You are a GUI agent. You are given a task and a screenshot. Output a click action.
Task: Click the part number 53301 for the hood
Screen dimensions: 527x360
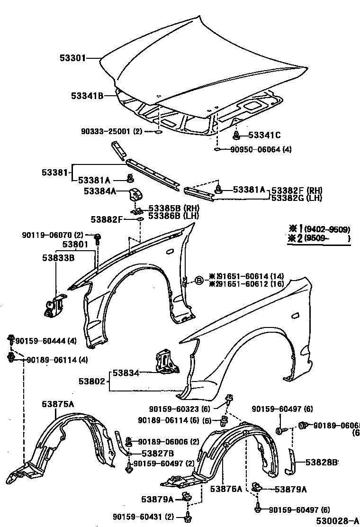72,58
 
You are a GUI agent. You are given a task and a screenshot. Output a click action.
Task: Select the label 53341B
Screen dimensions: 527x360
87,96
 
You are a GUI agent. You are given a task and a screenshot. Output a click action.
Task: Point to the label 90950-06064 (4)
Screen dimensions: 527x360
261,150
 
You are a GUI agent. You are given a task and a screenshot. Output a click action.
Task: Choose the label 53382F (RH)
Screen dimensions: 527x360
296,190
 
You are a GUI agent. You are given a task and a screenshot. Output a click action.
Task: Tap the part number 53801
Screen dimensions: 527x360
76,245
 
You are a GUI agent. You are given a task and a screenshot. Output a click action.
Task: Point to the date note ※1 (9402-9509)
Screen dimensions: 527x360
319,229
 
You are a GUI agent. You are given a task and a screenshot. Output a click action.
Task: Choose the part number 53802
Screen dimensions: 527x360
93,381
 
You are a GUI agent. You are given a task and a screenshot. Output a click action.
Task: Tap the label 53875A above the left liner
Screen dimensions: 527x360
58,404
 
